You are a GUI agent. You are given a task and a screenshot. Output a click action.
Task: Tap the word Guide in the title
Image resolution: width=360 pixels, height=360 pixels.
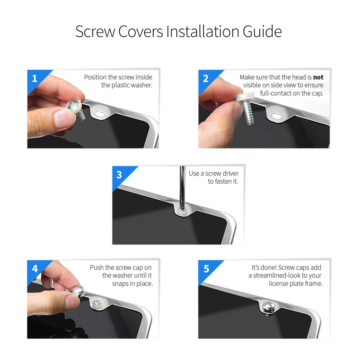coord(262,31)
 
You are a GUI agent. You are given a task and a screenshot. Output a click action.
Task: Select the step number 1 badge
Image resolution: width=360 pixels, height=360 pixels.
coord(35,79)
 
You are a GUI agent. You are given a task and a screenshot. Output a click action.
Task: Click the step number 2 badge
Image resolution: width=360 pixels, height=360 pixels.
coord(206,79)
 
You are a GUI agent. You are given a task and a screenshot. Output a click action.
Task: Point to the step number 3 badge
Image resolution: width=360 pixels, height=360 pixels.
coord(119,175)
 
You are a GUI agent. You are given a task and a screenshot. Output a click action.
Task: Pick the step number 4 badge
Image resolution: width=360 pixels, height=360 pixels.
coord(35,269)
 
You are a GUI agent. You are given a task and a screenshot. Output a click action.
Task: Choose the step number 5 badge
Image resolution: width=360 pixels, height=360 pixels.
coord(206,269)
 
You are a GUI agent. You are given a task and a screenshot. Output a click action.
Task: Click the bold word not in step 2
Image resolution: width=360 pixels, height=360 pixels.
coord(318,77)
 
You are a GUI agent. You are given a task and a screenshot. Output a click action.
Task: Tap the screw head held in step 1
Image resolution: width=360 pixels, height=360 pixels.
coord(73,106)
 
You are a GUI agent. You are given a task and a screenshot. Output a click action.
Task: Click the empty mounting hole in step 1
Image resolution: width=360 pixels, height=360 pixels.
coord(99,113)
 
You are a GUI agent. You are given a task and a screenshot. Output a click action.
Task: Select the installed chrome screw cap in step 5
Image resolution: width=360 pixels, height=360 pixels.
coord(268,307)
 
